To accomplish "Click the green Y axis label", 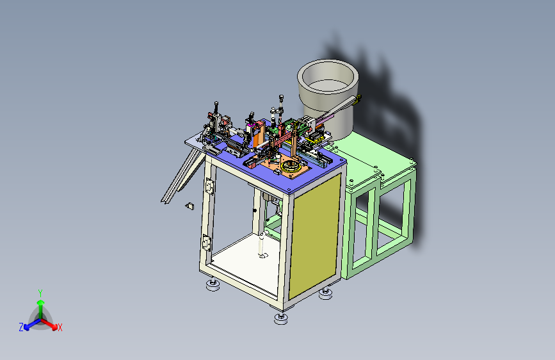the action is point(40,293).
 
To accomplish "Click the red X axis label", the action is point(60,328).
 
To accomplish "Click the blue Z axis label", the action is point(21,327).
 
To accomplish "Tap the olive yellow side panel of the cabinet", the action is point(314,235).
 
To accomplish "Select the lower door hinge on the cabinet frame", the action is point(206,243).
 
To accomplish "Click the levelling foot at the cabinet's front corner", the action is point(281,318).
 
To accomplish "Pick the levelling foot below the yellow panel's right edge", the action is point(325,293).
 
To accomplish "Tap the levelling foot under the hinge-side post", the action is point(213,284).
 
